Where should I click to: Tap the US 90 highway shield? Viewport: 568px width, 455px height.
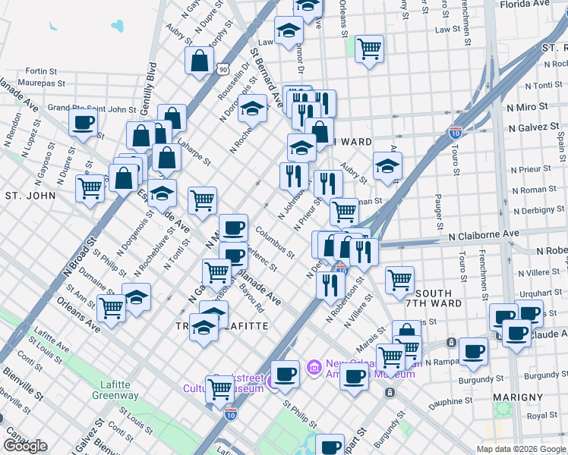tap(222, 69)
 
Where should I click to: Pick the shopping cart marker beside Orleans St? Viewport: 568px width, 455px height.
tap(369, 49)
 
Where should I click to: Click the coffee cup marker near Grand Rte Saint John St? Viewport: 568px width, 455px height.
tap(84, 123)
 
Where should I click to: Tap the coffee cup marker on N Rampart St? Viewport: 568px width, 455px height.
tap(473, 351)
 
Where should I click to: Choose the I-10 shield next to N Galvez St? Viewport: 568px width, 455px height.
tap(456, 132)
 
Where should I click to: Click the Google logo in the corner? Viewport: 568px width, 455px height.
tap(25, 446)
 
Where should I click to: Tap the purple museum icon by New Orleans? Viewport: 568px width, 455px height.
tap(312, 369)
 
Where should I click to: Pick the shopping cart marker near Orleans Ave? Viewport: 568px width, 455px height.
tap(111, 308)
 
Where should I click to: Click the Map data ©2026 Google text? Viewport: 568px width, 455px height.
tap(521, 449)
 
